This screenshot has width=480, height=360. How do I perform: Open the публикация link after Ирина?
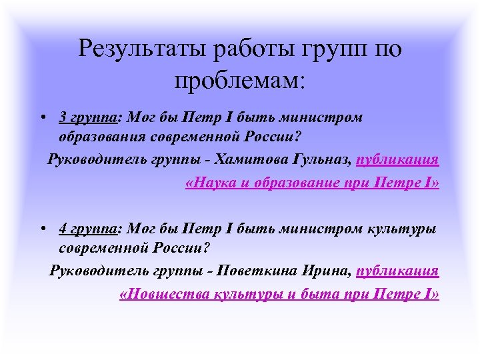click(x=398, y=272)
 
